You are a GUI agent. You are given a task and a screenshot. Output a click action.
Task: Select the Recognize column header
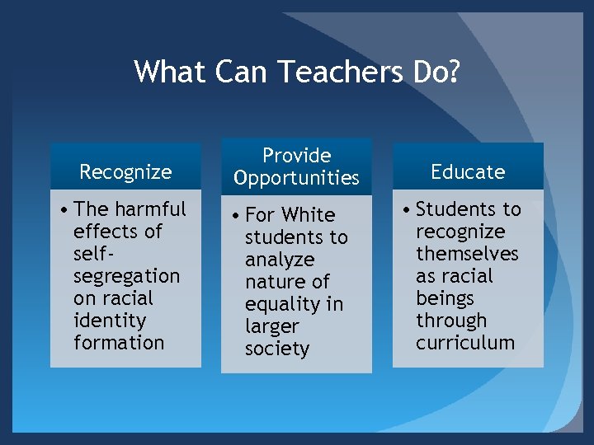pyautogui.click(x=125, y=171)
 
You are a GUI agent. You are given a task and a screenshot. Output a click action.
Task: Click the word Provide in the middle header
pyautogui.click(x=296, y=156)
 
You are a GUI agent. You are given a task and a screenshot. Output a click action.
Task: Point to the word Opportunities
pyautogui.click(x=296, y=178)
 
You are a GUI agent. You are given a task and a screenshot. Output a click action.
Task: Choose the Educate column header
pyautogui.click(x=468, y=171)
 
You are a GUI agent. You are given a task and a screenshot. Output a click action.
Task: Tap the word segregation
pyautogui.click(x=126, y=276)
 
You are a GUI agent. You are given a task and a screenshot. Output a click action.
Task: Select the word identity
pyautogui.click(x=109, y=321)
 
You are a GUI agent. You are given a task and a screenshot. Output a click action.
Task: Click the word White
pyautogui.click(x=308, y=215)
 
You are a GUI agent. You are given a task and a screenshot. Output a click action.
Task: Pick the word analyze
pyautogui.click(x=279, y=260)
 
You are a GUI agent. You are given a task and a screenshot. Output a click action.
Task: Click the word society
pyautogui.click(x=276, y=349)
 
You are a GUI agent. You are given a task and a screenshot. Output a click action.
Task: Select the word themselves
pyautogui.click(x=467, y=254)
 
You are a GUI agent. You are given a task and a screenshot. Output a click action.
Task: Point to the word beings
pyautogui.click(x=445, y=298)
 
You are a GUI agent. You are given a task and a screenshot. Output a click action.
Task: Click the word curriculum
pyautogui.click(x=465, y=343)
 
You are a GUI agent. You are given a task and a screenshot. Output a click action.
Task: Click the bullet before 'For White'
pyautogui.click(x=235, y=216)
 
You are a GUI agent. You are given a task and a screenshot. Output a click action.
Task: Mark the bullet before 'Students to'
pyautogui.click(x=406, y=210)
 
